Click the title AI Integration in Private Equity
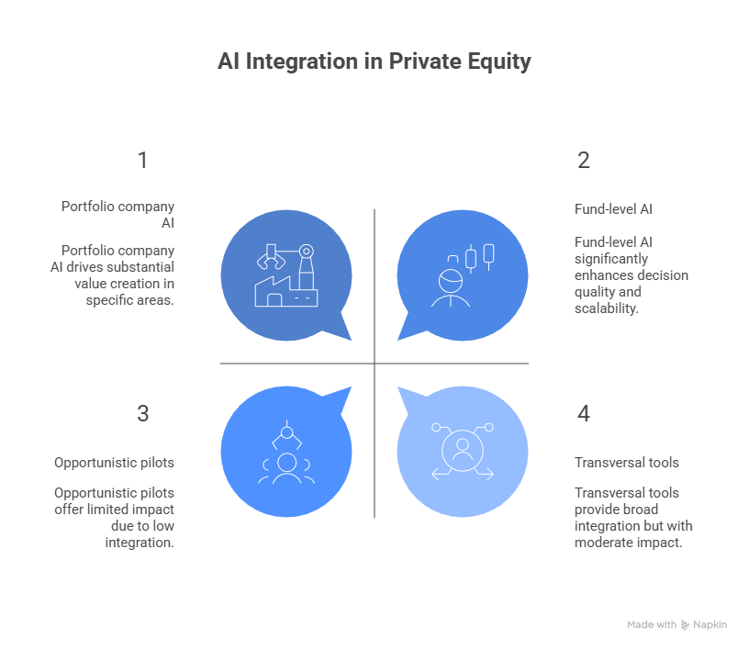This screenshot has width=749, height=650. (x=374, y=62)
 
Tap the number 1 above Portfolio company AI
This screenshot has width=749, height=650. (x=142, y=161)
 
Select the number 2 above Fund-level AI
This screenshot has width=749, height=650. (x=584, y=161)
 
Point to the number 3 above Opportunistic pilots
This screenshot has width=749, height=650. (x=142, y=414)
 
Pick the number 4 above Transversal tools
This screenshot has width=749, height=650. (x=584, y=414)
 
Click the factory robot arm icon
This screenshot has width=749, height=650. (x=285, y=274)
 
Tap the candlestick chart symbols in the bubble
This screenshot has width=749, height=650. (x=479, y=256)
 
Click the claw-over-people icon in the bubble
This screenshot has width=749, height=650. (x=286, y=453)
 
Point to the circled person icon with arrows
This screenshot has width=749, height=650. (x=462, y=451)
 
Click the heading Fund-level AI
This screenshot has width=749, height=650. (x=607, y=209)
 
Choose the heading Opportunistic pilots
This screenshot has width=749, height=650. (x=114, y=463)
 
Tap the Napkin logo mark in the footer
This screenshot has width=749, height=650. (x=685, y=625)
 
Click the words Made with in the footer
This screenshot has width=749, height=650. (x=651, y=625)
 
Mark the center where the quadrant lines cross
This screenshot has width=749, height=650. (x=374, y=364)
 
